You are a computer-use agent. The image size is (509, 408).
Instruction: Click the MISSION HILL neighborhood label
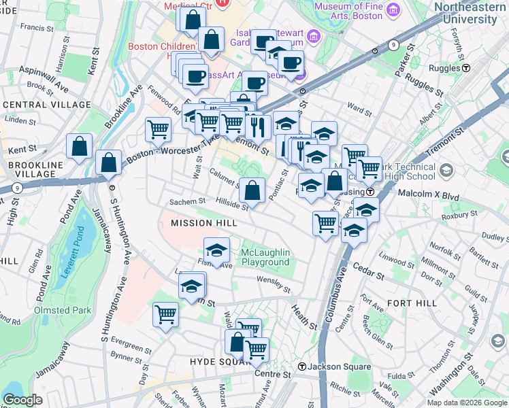click(203, 223)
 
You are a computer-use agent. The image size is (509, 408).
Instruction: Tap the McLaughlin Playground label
click(265, 258)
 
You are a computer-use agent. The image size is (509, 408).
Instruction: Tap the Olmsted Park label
click(62, 310)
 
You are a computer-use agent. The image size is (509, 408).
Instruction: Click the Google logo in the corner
click(22, 400)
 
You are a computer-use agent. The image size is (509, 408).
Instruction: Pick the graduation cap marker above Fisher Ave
click(216, 250)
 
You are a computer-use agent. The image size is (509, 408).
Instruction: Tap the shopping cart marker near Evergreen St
click(165, 314)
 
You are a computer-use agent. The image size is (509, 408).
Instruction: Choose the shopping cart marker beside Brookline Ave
click(158, 129)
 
